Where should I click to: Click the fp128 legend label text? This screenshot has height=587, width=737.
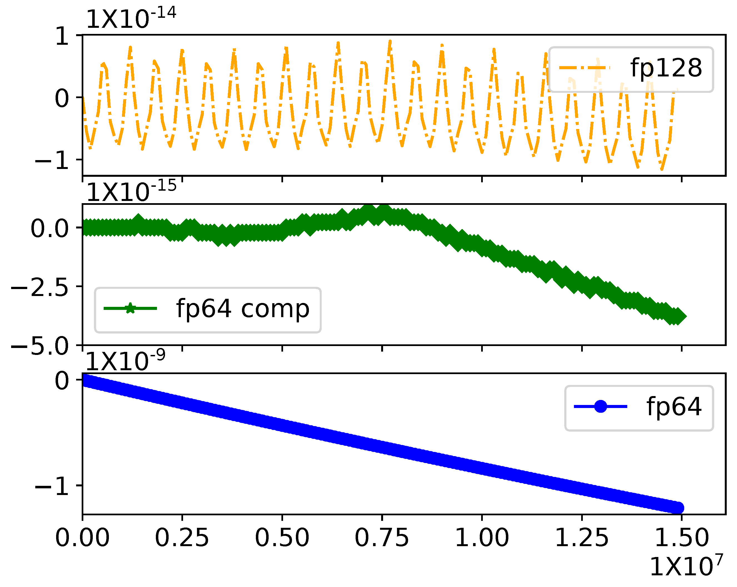[x=666, y=68]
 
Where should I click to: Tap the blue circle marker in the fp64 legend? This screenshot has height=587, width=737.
[x=600, y=406]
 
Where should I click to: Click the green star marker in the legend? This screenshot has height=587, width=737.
[x=130, y=309]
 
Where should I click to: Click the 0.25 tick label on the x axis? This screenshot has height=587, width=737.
[x=182, y=538]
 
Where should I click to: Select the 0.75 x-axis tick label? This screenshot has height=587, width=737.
[x=381, y=538]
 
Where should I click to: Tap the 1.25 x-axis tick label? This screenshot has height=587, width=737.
[x=581, y=538]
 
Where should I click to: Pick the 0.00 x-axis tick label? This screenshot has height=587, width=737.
[x=83, y=538]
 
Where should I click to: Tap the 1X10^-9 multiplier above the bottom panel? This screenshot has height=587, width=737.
[x=125, y=360]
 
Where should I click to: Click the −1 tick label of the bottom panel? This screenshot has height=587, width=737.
[x=52, y=486]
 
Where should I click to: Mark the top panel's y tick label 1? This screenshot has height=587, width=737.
[x=63, y=36]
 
